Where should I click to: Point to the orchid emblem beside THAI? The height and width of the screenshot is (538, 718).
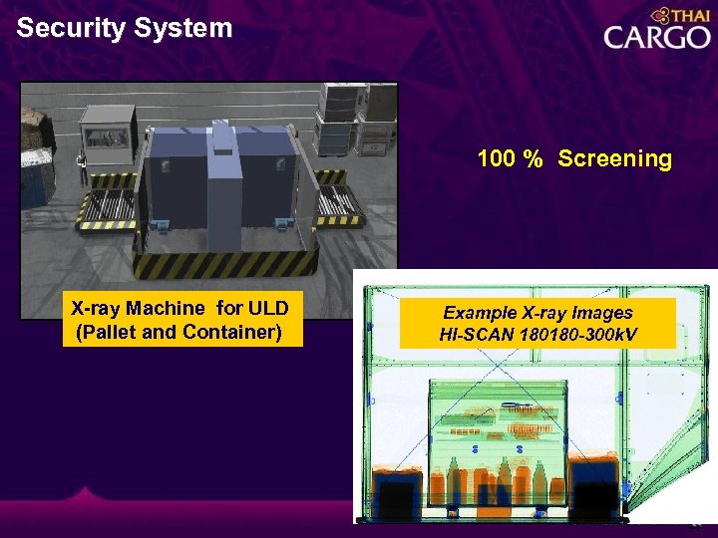pyautogui.click(x=659, y=15)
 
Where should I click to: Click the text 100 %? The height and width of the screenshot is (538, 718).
pyautogui.click(x=510, y=159)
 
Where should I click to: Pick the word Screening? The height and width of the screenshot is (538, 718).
pyautogui.click(x=614, y=159)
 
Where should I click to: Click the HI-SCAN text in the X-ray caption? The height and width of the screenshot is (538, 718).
pyautogui.click(x=477, y=334)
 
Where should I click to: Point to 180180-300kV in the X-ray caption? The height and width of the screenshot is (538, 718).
pyautogui.click(x=577, y=334)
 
